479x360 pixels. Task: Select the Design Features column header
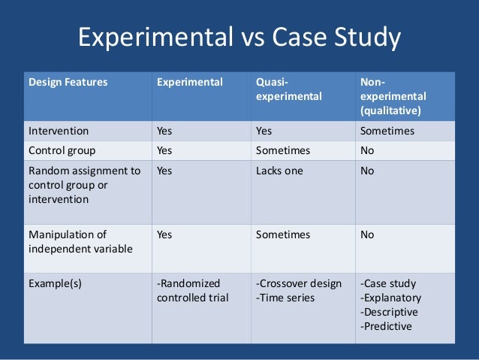68,82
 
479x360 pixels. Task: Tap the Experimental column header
189,82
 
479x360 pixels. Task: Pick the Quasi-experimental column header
288,89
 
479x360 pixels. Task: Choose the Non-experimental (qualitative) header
393,96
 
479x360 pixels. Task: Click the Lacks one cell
279,171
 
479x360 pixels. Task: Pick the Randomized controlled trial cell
191,291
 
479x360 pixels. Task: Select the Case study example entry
388,283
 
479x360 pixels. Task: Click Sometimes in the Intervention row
387,130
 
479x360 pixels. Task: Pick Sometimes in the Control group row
282,150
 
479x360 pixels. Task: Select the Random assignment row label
84,185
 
